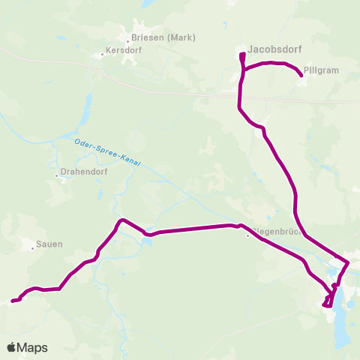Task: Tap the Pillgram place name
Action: [324, 70]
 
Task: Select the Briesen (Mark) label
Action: [163, 37]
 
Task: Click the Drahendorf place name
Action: [81, 176]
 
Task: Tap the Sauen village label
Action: [49, 244]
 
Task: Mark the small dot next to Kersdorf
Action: [103, 54]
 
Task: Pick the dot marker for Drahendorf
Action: [57, 176]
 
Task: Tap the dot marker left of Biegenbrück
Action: [248, 234]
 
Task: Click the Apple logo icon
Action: [12, 348]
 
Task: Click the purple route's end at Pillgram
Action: [301, 75]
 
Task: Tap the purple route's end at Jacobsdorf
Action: [241, 55]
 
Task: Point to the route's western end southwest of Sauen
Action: [11, 302]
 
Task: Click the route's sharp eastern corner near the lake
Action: [349, 262]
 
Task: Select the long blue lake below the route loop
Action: [343, 315]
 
